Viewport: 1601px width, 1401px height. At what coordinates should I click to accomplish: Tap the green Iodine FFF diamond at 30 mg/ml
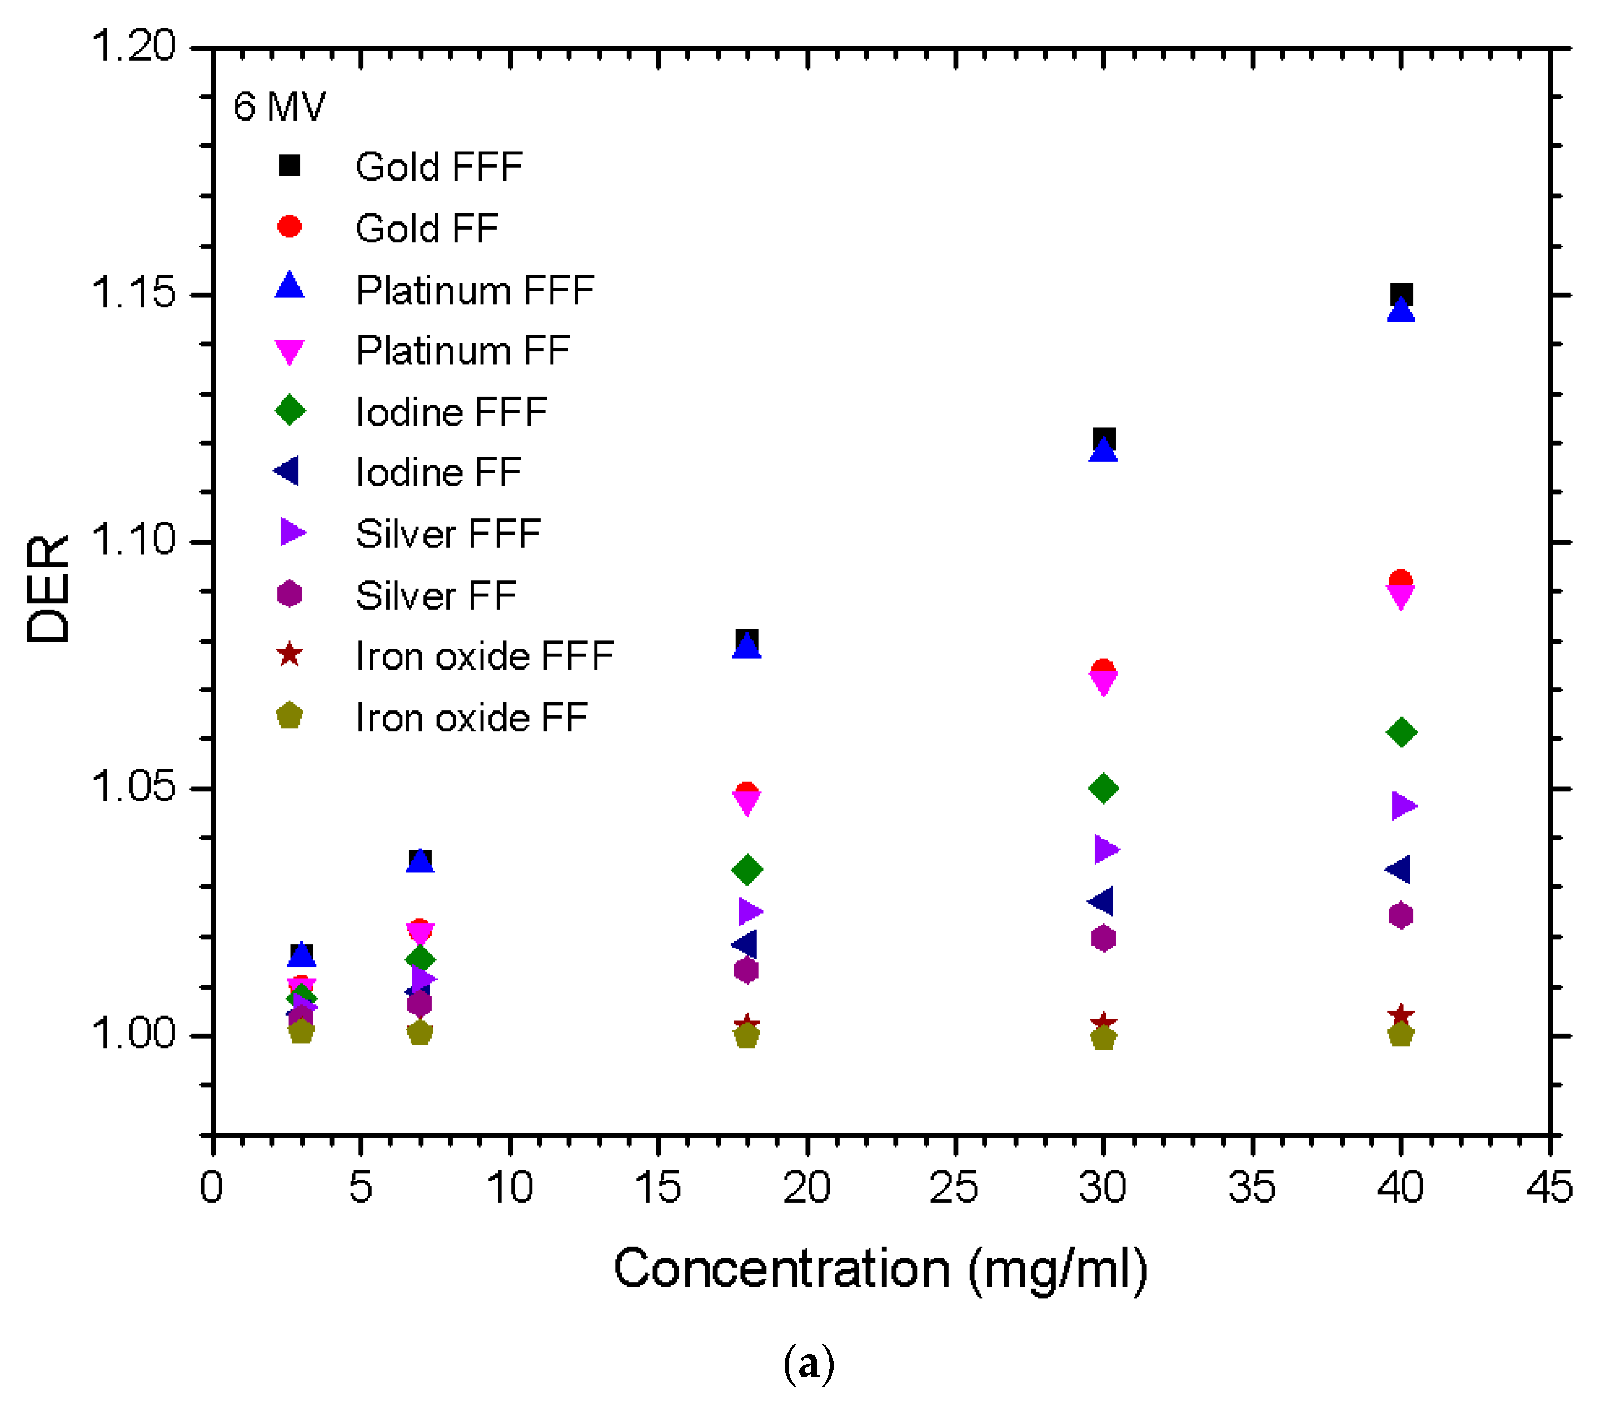click(x=1103, y=788)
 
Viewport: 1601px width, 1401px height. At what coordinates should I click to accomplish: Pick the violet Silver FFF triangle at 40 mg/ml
click(x=1403, y=805)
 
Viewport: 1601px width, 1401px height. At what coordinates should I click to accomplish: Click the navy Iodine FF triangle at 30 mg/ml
click(x=1101, y=901)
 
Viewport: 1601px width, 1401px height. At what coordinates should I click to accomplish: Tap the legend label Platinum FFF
click(x=475, y=290)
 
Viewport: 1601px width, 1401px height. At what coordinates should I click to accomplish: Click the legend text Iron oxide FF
click(x=471, y=717)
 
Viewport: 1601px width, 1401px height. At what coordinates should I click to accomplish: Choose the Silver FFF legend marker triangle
click(x=292, y=533)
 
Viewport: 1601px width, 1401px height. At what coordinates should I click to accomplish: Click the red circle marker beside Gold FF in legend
click(x=289, y=227)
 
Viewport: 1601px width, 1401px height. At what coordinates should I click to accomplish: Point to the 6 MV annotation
click(x=279, y=106)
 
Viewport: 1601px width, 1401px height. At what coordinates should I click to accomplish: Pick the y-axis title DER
click(x=48, y=589)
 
